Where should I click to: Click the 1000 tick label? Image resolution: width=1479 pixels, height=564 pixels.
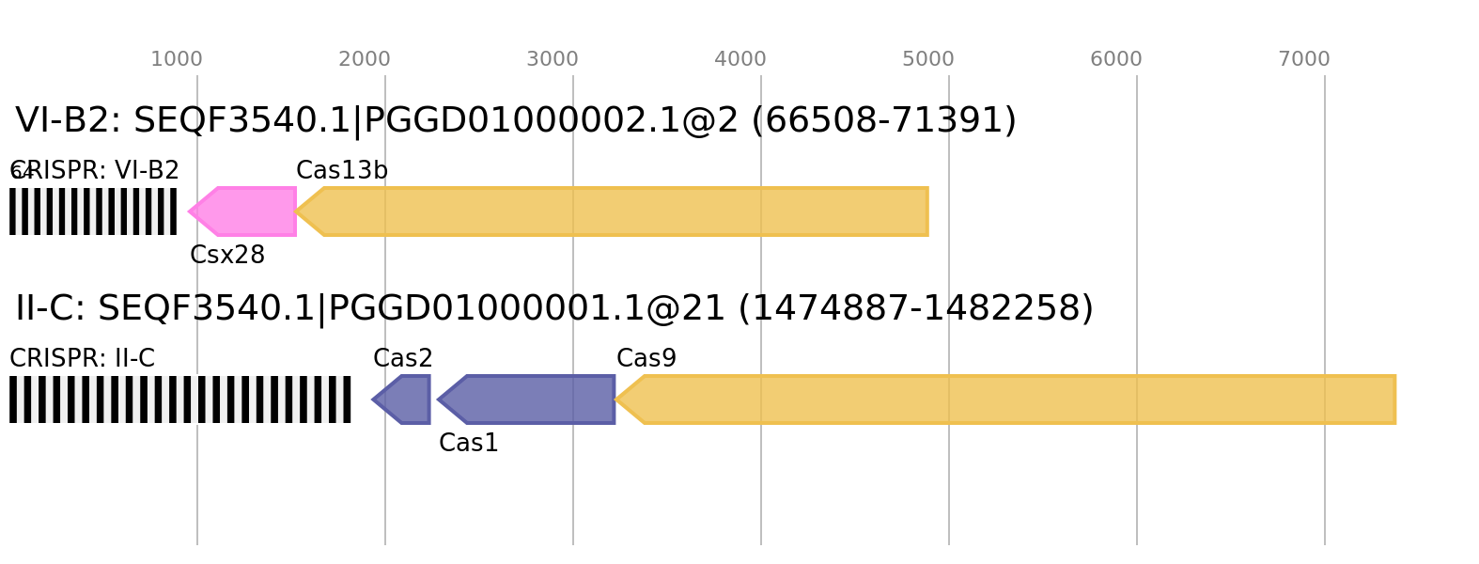[x=177, y=59]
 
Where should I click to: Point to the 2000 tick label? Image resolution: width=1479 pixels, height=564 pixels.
[x=365, y=59]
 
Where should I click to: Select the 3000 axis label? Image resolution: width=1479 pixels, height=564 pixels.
[x=553, y=59]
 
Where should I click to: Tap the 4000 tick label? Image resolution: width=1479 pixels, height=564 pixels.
[x=740, y=59]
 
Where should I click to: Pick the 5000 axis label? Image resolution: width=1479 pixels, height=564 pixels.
[x=928, y=59]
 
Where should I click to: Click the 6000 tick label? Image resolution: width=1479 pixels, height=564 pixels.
[x=1116, y=59]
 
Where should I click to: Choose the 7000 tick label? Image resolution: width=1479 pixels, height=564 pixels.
[x=1304, y=59]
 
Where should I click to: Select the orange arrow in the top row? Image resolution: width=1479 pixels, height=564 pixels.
[x=620, y=211]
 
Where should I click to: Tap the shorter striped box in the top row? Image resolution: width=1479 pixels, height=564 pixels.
[x=93, y=211]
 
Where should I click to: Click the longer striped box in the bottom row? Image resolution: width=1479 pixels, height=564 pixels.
[x=180, y=399]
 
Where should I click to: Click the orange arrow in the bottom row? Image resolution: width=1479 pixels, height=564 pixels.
[x=1010, y=399]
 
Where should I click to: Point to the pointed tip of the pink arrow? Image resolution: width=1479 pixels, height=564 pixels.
[x=188, y=211]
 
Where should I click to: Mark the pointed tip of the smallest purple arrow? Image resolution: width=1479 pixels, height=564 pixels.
[x=371, y=399]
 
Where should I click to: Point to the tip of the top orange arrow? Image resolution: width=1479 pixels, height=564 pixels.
[x=297, y=211]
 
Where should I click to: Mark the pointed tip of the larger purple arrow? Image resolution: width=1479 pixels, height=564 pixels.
[x=437, y=399]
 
